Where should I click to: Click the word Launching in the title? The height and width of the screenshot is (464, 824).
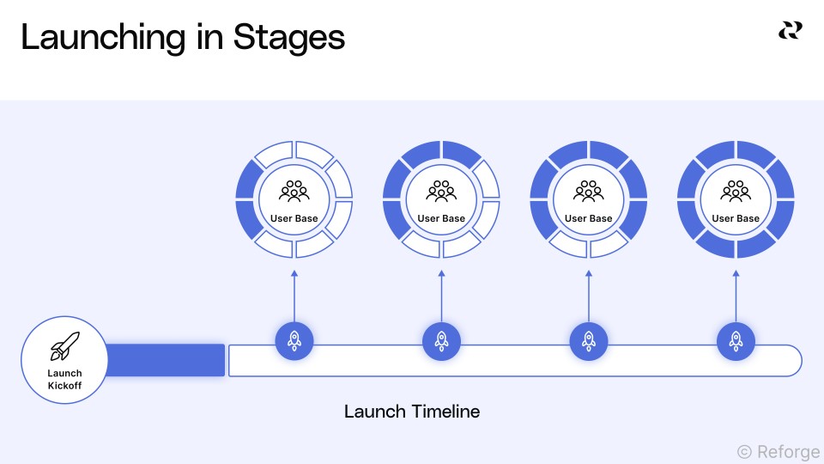click(x=103, y=38)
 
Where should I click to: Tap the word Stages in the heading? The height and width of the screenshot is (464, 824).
click(x=289, y=38)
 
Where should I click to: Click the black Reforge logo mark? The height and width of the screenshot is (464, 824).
click(x=791, y=31)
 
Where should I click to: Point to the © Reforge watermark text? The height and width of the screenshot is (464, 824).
click(x=779, y=452)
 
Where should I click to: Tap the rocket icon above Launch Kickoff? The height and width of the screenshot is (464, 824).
click(x=65, y=346)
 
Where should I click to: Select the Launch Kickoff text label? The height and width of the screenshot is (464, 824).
click(x=64, y=379)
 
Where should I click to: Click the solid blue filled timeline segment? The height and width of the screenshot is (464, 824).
click(x=166, y=360)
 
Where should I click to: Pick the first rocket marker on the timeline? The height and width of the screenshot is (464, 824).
click(x=294, y=341)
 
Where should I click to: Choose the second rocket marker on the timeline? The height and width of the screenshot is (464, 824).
click(x=441, y=341)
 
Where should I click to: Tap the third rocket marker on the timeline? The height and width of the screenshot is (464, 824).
click(x=589, y=341)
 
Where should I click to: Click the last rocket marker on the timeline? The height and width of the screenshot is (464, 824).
click(x=736, y=341)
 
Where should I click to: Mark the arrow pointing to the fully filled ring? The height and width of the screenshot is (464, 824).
click(x=736, y=296)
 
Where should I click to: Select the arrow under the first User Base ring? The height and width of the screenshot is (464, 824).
click(x=294, y=296)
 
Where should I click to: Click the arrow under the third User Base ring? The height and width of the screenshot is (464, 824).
click(x=589, y=296)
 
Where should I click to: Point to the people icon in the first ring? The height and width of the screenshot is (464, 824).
click(x=294, y=192)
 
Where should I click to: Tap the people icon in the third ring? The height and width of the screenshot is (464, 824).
click(x=589, y=192)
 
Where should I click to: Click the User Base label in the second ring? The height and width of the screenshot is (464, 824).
click(x=441, y=218)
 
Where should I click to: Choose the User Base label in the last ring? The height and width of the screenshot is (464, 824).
click(x=736, y=218)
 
